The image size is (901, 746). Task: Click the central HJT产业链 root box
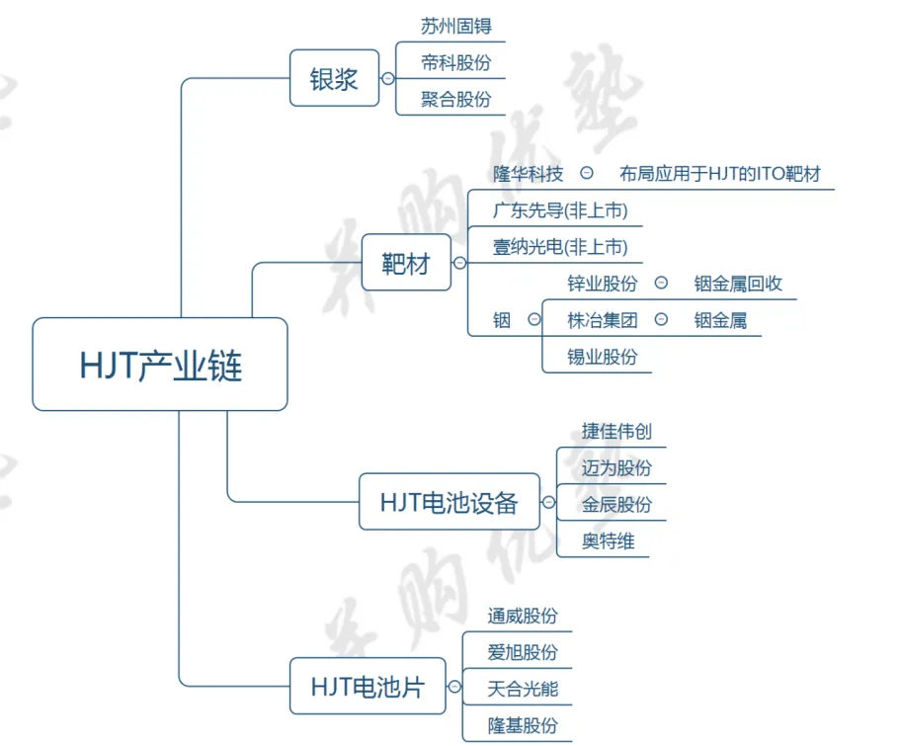[160, 365]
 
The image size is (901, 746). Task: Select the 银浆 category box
[334, 78]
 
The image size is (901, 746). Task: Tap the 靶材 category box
[406, 263]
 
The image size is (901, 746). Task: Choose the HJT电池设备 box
[449, 502]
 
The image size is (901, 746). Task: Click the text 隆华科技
[529, 174]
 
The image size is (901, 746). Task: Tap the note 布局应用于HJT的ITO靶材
[720, 174]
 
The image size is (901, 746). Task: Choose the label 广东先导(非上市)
[560, 210]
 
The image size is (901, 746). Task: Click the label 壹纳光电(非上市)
[560, 247]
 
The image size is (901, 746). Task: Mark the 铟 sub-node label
[502, 320]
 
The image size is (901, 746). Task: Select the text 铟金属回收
[738, 284]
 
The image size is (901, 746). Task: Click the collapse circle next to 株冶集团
[661, 320]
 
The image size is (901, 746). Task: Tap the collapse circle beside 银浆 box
[387, 78]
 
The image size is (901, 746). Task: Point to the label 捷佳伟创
[616, 432]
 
